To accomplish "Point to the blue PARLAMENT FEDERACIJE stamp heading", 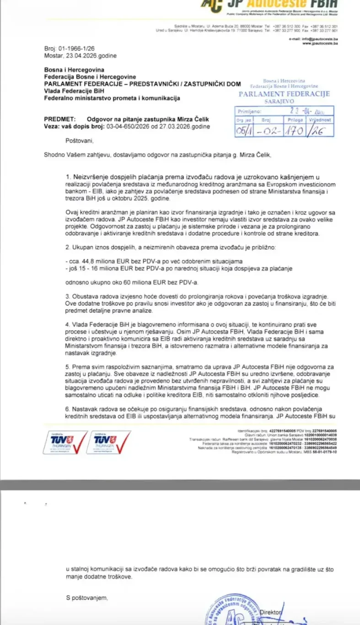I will coord(284,94).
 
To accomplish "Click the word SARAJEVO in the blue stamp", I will coord(284,102).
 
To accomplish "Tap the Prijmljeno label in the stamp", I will coord(249,111).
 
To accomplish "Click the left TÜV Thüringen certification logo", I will coord(64,442).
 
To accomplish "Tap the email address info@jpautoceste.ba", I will coord(320,39).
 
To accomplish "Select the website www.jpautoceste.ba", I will coord(320,43).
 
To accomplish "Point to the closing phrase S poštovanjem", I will coord(87,598).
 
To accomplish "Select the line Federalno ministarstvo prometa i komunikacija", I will coord(112,98).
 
